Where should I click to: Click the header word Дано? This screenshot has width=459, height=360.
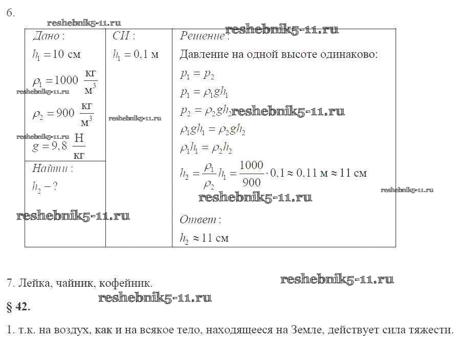[46, 36]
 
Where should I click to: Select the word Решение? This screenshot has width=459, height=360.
[202, 36]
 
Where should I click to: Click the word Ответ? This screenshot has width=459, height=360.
[198, 220]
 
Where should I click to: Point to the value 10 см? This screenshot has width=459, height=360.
[63, 54]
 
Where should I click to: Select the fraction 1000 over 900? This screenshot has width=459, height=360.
[251, 174]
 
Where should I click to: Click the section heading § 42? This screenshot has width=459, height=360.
[19, 307]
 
